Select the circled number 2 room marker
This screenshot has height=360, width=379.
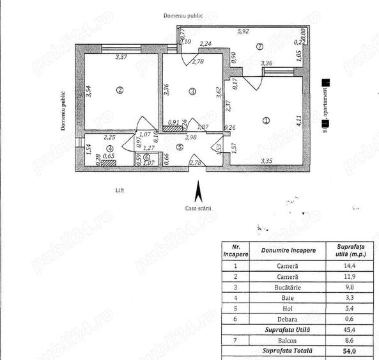119,90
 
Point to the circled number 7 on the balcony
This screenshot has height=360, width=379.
259,46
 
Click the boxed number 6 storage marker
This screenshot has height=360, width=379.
147,157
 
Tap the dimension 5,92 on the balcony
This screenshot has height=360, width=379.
243,30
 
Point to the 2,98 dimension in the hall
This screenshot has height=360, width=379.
190,136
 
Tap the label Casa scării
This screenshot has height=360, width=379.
198,208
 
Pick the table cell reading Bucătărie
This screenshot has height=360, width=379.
282,287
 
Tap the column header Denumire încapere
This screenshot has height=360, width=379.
282,250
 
